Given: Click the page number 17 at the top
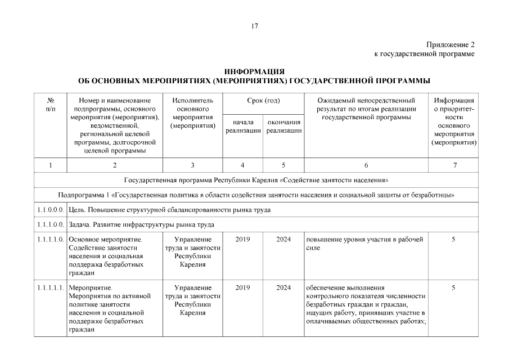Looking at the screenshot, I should pos(255,26).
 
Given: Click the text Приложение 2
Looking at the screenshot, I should pos(450,44).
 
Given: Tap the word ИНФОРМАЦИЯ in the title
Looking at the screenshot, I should pos(254,71).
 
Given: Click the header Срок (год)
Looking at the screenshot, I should pos(263,101).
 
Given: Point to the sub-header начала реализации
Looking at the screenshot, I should pos(243,126).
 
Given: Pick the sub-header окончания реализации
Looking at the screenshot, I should pos(283,126).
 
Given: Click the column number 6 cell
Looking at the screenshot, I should pos(366,165).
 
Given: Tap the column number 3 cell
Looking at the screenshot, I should pos(192,165).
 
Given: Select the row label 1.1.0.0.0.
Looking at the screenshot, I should pos(51,210).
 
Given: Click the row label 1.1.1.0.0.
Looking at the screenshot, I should pos(51,225).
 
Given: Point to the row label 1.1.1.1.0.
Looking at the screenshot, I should pos(51,240).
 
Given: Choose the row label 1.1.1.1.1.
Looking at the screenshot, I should pos(51,288).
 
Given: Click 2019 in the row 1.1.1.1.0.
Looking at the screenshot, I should pos(243,240).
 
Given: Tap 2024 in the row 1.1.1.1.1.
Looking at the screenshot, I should pos(283,288).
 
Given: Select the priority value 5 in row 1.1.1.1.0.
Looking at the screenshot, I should pos(453,240).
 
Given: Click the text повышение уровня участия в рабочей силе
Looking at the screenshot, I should pos(364,244).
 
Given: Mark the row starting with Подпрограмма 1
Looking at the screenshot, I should pos(256,195).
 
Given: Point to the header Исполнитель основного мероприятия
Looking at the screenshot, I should pos(192,113).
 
